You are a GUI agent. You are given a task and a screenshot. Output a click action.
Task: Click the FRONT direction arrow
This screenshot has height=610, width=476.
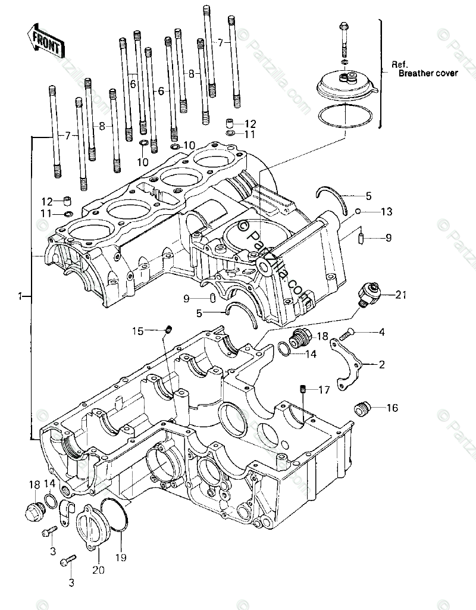[45, 40]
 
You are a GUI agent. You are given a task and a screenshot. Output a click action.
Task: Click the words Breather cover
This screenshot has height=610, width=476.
[428, 73]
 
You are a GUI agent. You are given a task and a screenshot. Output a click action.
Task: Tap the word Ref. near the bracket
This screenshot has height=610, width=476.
[398, 64]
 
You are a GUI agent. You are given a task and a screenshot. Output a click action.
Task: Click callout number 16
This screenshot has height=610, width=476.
[392, 408]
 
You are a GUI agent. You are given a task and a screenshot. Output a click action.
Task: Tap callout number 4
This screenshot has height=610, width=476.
[381, 332]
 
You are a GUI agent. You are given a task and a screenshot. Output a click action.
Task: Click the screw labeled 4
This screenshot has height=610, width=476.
[346, 334]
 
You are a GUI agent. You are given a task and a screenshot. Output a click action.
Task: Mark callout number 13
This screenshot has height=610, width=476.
[387, 211]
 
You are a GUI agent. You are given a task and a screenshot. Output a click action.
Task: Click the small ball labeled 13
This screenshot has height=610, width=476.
[358, 211]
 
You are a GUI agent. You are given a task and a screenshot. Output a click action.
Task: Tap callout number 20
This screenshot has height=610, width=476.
[98, 570]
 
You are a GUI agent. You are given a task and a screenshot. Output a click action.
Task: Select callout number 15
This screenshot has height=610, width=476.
[138, 330]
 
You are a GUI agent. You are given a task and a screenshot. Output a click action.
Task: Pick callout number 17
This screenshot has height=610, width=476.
[323, 390]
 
